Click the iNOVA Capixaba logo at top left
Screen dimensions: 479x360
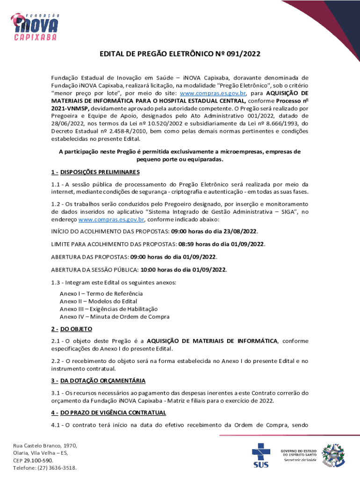click(x=36, y=22)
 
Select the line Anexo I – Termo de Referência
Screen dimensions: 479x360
click(x=101, y=293)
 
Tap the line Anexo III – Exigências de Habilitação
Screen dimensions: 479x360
click(x=108, y=309)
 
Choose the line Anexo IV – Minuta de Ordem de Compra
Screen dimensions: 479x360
click(x=115, y=317)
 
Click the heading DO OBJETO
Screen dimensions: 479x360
click(x=76, y=329)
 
